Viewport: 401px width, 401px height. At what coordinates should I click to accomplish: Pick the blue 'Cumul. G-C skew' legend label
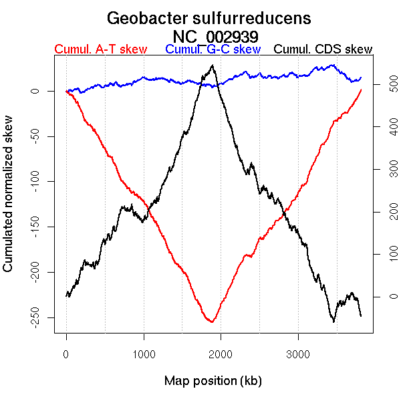pyautogui.click(x=213, y=49)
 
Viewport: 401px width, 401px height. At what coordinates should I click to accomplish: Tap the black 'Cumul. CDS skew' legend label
pyautogui.click(x=323, y=49)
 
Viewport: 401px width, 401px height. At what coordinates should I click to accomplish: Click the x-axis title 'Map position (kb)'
pyautogui.click(x=213, y=381)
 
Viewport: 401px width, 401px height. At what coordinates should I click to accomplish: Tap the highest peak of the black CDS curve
pyautogui.click(x=213, y=65)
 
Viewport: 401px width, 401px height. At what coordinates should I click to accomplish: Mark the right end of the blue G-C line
pyautogui.click(x=361, y=78)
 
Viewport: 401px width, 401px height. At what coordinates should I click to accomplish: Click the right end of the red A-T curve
pyautogui.click(x=361, y=90)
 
